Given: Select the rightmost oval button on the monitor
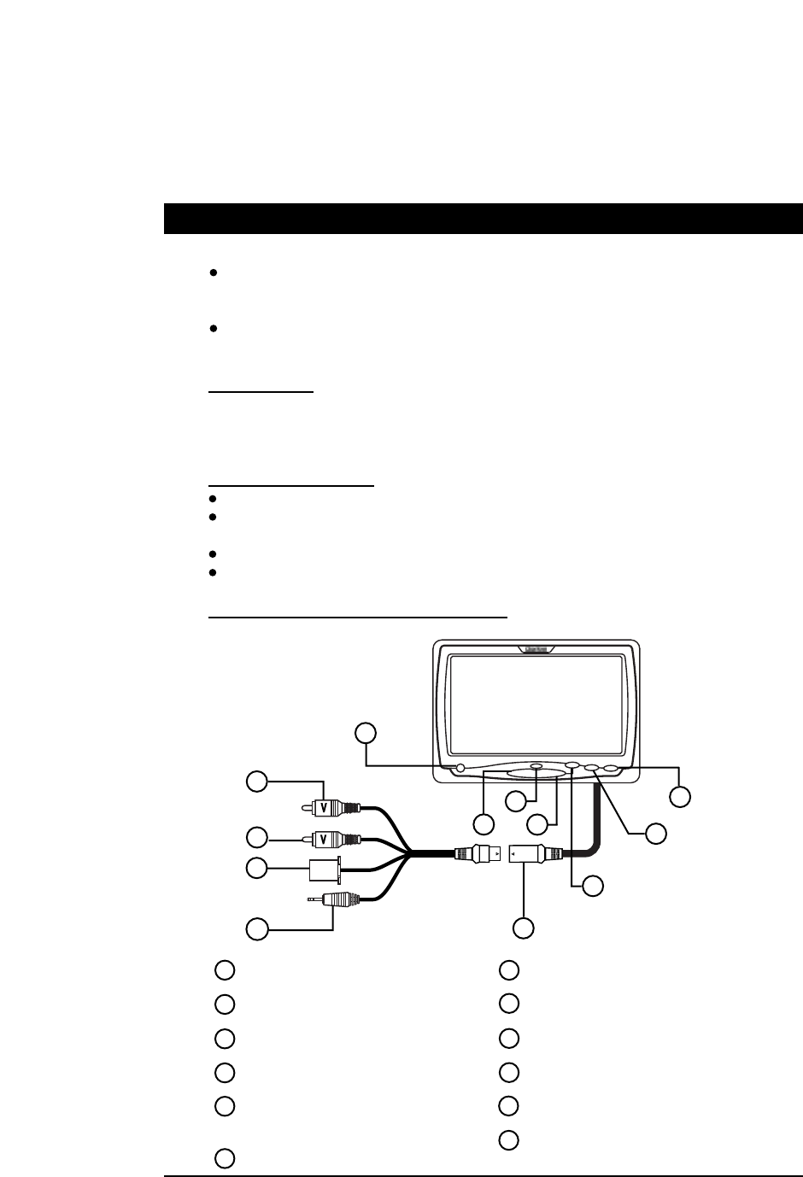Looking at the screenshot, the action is coord(610,770).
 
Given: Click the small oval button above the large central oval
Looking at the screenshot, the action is coord(536,767).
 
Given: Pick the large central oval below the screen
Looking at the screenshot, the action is coord(536,774).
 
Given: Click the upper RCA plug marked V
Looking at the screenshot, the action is coord(326,807).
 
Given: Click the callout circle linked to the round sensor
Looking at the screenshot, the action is coord(365,733).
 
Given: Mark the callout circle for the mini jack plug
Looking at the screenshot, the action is coord(257,928).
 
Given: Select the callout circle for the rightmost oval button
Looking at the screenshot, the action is coord(680,796).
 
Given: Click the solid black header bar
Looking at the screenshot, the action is coord(483,219).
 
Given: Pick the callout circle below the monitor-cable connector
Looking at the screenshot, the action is coord(524,928).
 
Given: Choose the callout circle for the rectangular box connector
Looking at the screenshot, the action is coord(257,869).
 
